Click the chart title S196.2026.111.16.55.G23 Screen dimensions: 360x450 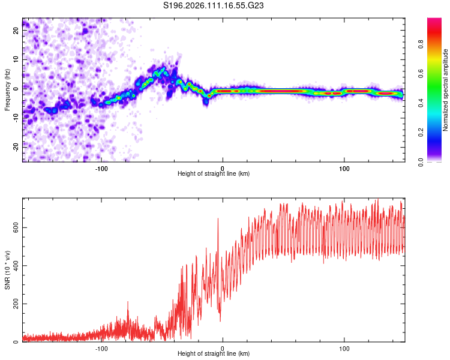(x=223, y=5)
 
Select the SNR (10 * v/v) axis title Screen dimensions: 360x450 (x=7, y=271)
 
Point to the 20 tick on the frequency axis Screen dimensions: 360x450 (x=17, y=29)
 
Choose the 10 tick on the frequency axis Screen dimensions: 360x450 (x=17, y=59)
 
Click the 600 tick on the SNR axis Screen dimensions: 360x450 (x=15, y=227)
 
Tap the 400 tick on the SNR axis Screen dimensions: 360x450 (x=15, y=266)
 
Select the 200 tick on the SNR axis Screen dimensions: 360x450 (x=15, y=304)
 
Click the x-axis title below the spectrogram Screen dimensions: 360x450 (x=214, y=173)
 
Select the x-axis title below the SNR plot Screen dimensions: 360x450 (x=214, y=354)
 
